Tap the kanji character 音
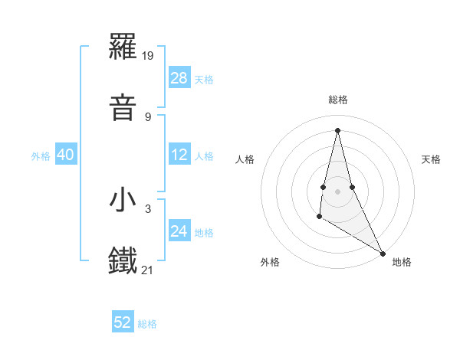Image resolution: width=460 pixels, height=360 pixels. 123,108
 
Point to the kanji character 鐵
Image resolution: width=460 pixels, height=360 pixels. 123,261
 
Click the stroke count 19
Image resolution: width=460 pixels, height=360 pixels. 149,55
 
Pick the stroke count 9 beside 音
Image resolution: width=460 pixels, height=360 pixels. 148,116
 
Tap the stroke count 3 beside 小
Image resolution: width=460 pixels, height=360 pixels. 148,208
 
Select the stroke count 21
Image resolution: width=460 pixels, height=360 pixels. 149,270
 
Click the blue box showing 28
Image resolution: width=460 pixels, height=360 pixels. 179,78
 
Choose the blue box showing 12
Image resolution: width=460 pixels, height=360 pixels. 179,155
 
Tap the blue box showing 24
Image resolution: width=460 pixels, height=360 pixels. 179,231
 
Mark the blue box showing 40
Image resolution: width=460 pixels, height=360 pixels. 66,155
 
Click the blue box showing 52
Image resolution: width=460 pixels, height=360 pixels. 123,322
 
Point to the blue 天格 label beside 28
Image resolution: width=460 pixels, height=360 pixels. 204,79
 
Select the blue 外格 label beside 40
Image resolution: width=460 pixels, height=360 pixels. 41,155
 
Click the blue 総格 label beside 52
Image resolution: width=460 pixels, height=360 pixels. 147,323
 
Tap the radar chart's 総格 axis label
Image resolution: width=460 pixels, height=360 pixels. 337,100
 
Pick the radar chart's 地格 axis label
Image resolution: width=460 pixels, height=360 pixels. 402,262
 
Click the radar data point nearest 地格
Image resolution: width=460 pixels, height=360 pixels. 383,254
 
